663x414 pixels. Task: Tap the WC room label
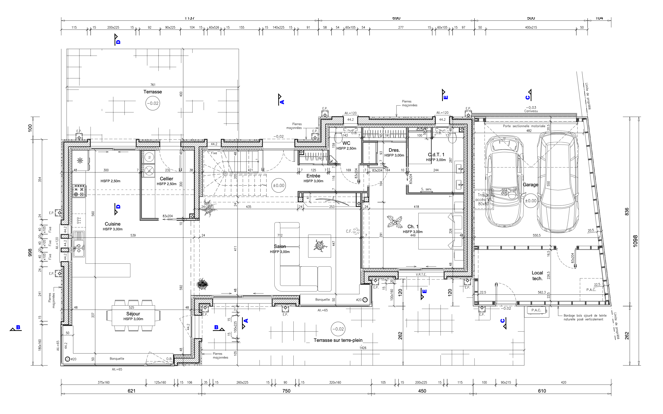pyautogui.click(x=346, y=143)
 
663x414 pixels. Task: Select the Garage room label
pyautogui.click(x=530, y=185)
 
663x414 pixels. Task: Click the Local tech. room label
pyautogui.click(x=537, y=275)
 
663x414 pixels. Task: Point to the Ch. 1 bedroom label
pyautogui.click(x=413, y=227)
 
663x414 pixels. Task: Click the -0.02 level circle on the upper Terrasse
pyautogui.click(x=153, y=103)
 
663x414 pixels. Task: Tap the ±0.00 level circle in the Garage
pyautogui.click(x=531, y=201)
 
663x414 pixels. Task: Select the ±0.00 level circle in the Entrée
pyautogui.click(x=278, y=185)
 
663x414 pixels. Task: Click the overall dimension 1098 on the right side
pyautogui.click(x=635, y=241)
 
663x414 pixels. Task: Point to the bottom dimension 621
pyautogui.click(x=132, y=391)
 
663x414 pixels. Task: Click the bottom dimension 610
pyautogui.click(x=542, y=391)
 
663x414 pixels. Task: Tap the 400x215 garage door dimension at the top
pyautogui.click(x=531, y=28)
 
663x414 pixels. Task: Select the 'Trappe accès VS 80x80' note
pyautogui.click(x=484, y=199)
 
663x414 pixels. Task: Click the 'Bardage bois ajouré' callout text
pyautogui.click(x=585, y=317)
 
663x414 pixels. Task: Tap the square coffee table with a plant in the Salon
pyautogui.click(x=319, y=246)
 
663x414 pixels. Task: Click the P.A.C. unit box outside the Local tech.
pyautogui.click(x=536, y=310)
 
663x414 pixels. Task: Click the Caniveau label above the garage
pyautogui.click(x=531, y=111)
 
